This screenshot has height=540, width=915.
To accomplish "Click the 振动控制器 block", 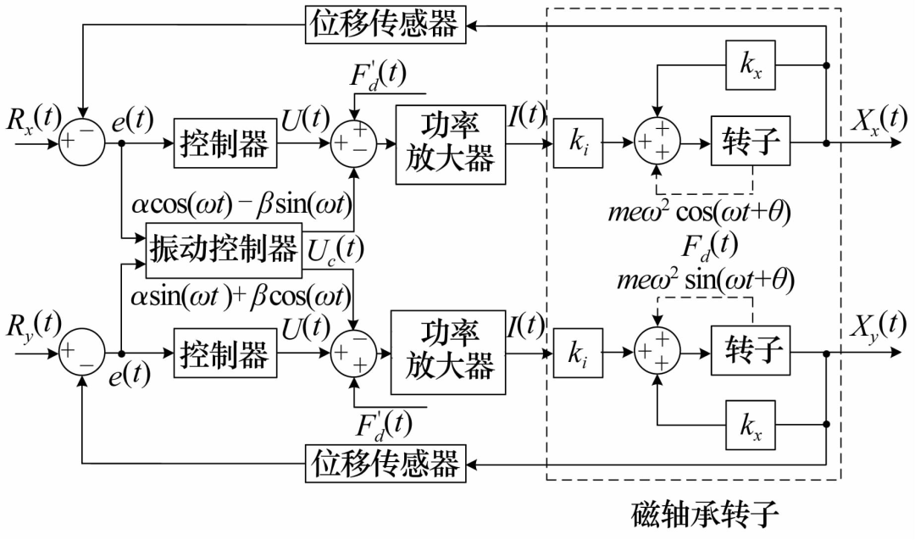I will point(224,250).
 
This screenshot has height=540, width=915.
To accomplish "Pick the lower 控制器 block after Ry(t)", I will point(224,353).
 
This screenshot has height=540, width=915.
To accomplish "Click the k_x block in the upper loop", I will point(751,65).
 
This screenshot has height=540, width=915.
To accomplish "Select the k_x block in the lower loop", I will point(751,423).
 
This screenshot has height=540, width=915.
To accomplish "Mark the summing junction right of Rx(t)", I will point(81,142).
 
